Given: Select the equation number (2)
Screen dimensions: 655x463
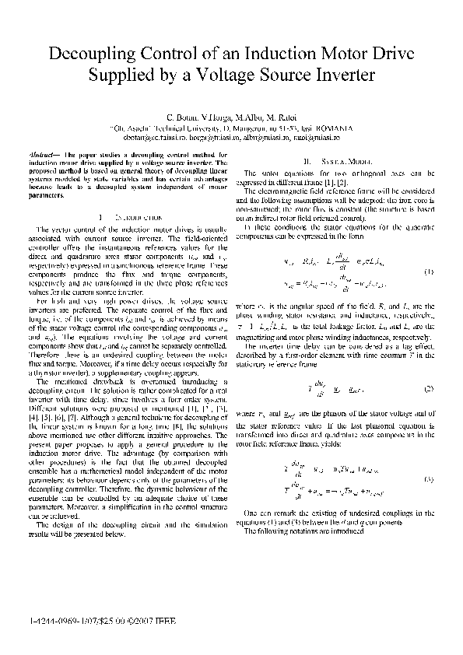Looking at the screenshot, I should pyautogui.click(x=430, y=387).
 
